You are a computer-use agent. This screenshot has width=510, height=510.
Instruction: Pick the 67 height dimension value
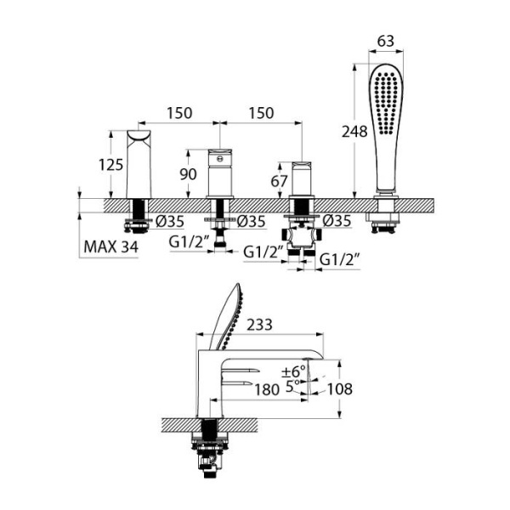pos(278,180)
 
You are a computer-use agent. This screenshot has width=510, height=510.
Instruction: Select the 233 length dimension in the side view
pos(259,324)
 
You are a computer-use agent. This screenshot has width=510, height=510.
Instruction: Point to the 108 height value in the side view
pos(339,388)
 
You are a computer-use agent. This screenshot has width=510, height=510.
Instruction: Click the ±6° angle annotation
pos(292,371)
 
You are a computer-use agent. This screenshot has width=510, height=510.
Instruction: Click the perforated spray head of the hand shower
pos(386,102)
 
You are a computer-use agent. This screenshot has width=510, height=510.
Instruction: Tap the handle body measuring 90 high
pos(219,173)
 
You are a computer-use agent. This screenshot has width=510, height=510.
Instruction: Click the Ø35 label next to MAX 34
pos(170,223)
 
